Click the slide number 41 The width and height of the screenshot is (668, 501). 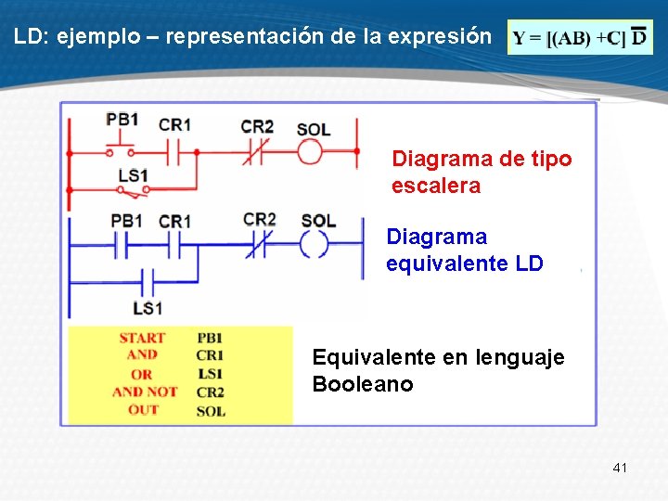(620, 468)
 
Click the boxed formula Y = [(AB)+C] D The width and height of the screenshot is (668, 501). (581, 38)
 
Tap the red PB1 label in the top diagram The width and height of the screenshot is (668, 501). (122, 119)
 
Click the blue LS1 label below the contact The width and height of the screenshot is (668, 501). (147, 308)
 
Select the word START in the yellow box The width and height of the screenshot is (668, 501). (142, 338)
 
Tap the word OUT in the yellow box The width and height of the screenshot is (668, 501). (142, 409)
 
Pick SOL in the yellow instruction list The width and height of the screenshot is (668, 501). (211, 410)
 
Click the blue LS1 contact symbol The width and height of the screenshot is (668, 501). (146, 279)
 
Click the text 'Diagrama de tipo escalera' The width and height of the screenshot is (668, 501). (481, 173)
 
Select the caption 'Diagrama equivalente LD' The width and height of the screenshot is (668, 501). (464, 250)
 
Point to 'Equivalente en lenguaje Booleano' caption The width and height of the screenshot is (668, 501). (438, 370)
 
